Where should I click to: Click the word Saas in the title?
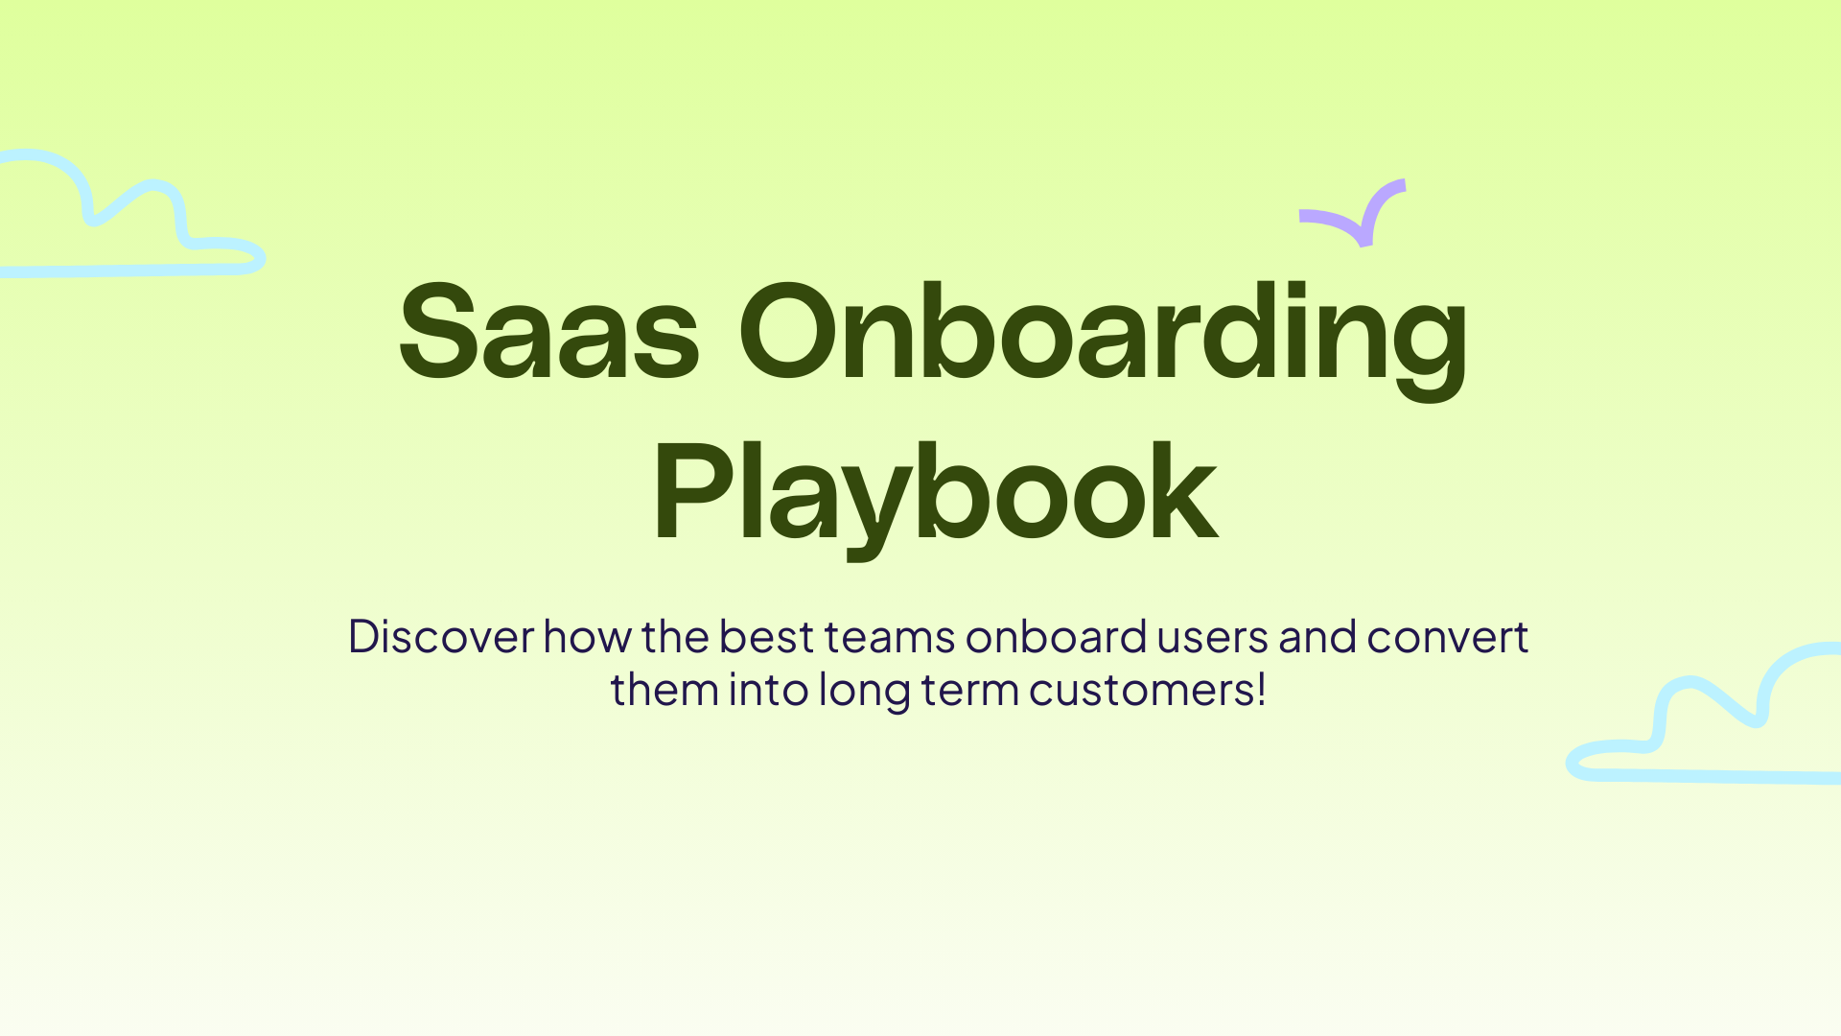pyautogui.click(x=548, y=332)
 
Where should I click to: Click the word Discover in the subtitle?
pyautogui.click(x=441, y=637)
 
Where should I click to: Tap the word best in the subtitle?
pyautogui.click(x=766, y=637)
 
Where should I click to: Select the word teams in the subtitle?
pyautogui.click(x=890, y=637)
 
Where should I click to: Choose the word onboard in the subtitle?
pyautogui.click(x=1056, y=637)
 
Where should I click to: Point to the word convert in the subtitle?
pyautogui.click(x=1447, y=637)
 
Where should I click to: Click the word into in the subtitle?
pyautogui.click(x=768, y=690)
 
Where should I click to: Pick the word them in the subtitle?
pyautogui.click(x=664, y=690)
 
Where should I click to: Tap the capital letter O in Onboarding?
pyautogui.click(x=787, y=332)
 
